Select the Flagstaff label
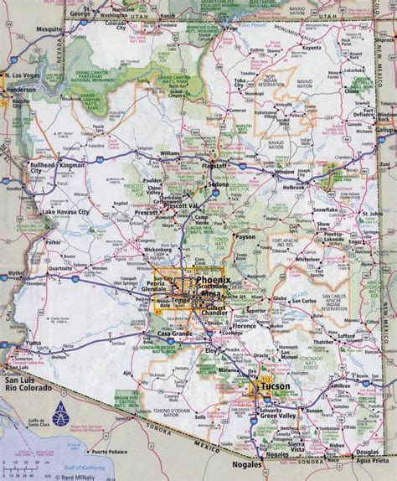pos(219,167)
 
